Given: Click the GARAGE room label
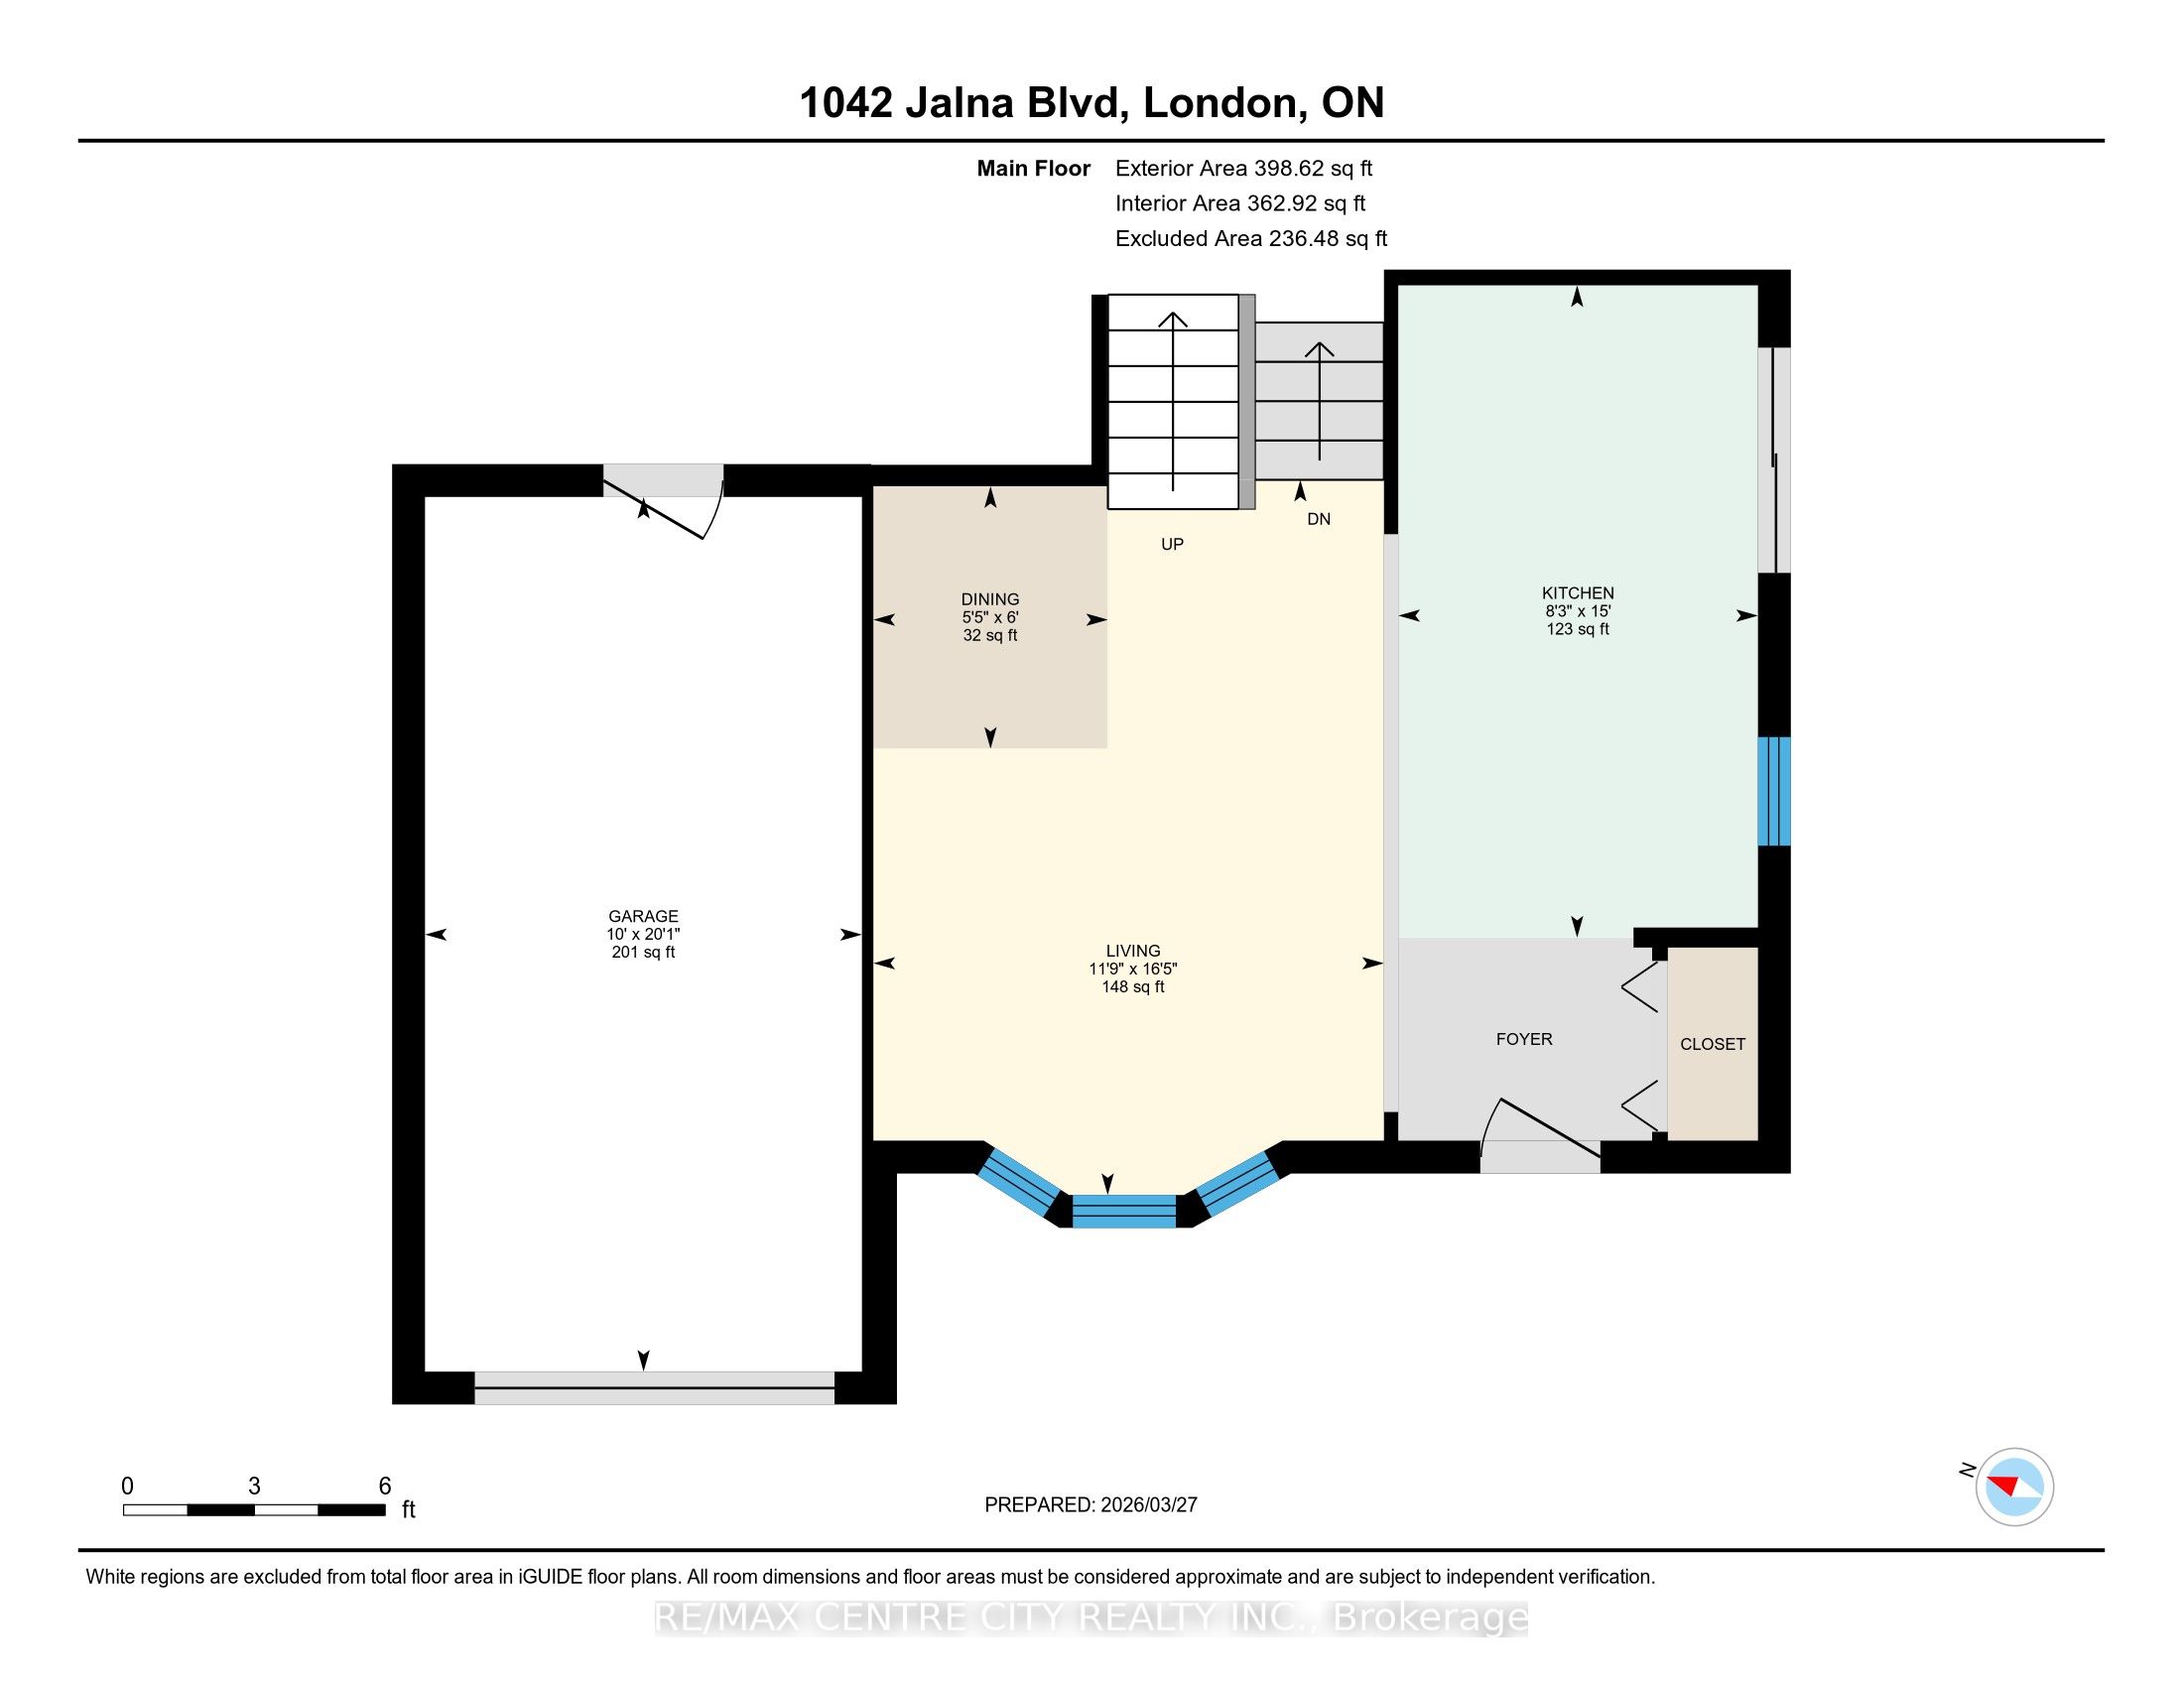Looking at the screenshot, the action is click(643, 916).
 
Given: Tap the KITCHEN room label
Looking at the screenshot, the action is click(1578, 592).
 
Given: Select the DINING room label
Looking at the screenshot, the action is click(989, 599).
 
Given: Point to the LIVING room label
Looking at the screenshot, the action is click(1132, 951).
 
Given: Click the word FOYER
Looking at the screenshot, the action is click(1523, 1039).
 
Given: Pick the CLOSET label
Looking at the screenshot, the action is click(1713, 1044).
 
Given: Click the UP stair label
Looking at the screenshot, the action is click(1172, 545).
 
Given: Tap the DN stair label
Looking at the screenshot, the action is click(1319, 520).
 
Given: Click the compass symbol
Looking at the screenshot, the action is click(2013, 1487).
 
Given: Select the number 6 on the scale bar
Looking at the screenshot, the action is click(385, 1487).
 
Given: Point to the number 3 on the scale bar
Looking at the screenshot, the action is click(255, 1487).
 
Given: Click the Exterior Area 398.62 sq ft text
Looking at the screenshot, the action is click(1243, 169).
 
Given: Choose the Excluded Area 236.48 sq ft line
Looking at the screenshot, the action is click(1250, 239).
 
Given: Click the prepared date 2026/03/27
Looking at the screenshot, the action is click(1147, 1504).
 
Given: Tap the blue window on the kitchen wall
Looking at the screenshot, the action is click(1773, 792).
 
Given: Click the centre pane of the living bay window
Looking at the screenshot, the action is click(1123, 1211).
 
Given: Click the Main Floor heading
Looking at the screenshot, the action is click(1033, 169).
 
